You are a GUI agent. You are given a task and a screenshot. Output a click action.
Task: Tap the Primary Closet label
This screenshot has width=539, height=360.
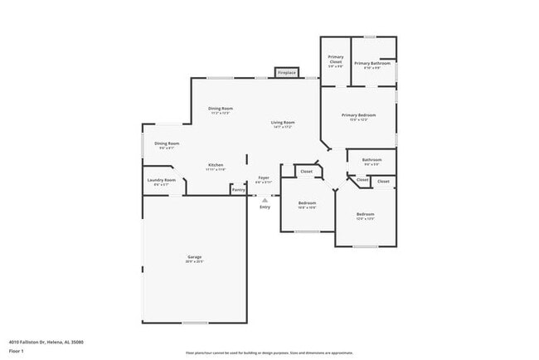tap(336, 60)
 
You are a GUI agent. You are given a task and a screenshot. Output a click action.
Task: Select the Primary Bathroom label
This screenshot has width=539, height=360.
tap(372, 64)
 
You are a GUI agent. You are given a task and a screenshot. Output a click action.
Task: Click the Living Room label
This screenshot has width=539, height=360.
tap(283, 124)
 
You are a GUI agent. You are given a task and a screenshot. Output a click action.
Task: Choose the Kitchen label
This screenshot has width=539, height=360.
tap(216, 166)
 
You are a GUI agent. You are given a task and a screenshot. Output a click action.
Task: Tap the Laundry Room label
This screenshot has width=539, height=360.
tap(162, 181)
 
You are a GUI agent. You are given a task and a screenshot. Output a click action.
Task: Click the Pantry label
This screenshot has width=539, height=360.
tap(238, 190)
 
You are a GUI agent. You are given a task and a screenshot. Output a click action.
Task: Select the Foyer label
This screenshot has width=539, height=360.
tap(264, 178)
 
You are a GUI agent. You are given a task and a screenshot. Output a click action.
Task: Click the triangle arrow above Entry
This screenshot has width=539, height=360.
tap(265, 200)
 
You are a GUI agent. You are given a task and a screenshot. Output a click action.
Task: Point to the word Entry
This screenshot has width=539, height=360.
tap(265, 207)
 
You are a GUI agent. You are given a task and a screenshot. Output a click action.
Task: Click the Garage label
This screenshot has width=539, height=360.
tap(194, 258)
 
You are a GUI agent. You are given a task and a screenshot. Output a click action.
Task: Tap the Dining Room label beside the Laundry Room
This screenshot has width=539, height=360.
tap(167, 144)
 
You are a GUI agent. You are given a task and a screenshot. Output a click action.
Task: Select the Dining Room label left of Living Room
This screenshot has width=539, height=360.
tap(220, 109)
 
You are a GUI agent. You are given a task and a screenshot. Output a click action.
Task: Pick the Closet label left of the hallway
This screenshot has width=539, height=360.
tap(306, 172)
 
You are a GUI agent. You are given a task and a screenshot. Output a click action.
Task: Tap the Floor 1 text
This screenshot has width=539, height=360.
tap(17, 349)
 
